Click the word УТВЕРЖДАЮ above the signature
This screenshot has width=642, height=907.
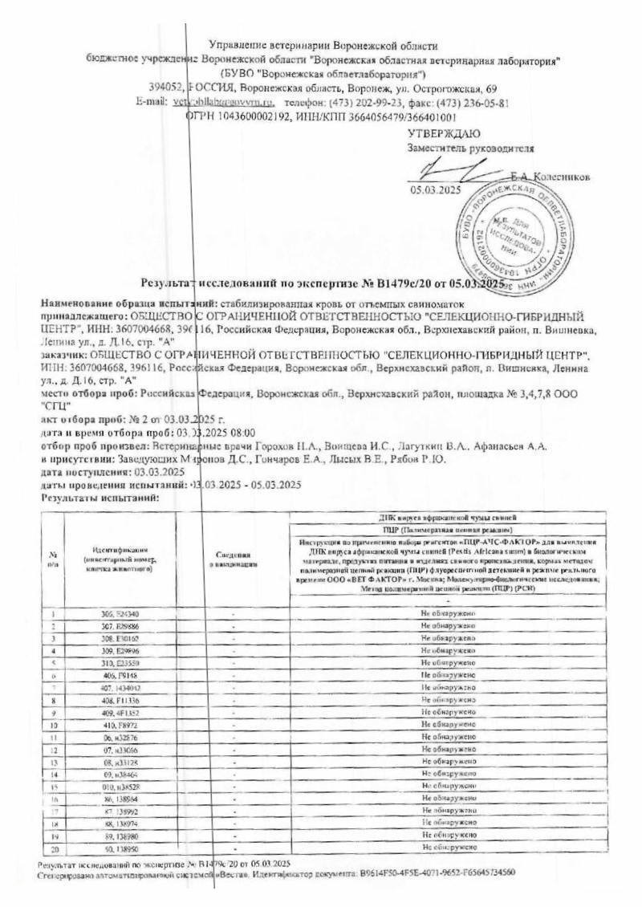444,133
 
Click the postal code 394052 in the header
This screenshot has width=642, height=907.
166,87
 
